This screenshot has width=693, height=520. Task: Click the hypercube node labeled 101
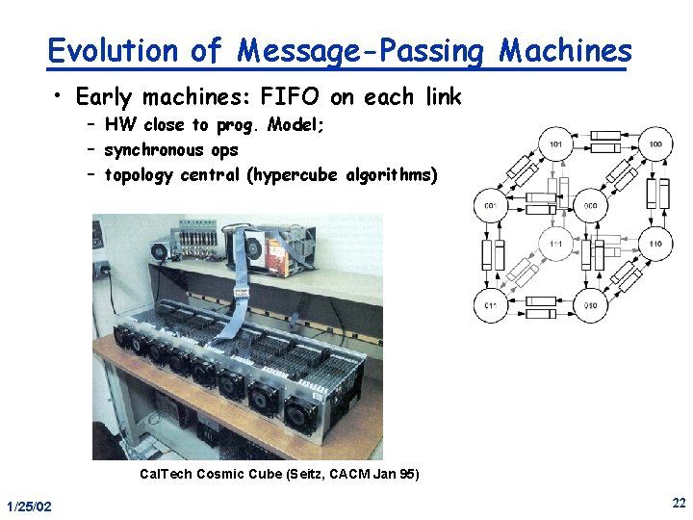[556, 144]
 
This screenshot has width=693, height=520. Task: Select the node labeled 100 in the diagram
[655, 144]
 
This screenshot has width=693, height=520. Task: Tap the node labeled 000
[590, 205]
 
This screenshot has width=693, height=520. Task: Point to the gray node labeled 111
[555, 245]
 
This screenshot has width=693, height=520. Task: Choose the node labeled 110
[655, 245]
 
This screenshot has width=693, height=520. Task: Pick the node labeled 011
[491, 305]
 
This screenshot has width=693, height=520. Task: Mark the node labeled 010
[590, 305]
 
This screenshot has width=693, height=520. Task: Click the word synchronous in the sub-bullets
[154, 149]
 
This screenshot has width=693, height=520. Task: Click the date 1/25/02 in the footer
[29, 507]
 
